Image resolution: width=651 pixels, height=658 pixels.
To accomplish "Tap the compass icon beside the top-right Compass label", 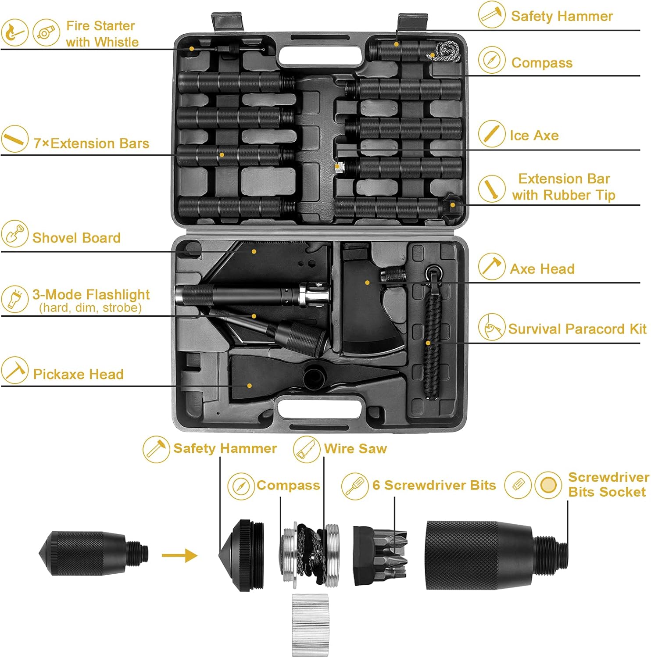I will (x=492, y=60).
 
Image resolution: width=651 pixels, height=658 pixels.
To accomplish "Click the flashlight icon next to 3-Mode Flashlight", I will (x=14, y=299).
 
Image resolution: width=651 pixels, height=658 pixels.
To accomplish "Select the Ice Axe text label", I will (x=534, y=136).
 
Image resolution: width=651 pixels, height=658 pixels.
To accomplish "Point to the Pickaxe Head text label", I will (x=78, y=374).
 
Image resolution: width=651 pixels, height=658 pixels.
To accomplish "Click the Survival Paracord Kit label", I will (x=577, y=329).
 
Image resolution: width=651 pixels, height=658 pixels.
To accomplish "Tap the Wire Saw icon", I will (x=307, y=449).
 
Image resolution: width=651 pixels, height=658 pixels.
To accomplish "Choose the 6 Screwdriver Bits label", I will (x=434, y=485).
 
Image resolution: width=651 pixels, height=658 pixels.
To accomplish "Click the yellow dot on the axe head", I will (x=367, y=283).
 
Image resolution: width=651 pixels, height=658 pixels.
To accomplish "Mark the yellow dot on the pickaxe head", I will (x=249, y=386).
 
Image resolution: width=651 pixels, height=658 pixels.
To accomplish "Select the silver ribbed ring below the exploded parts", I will (x=310, y=625).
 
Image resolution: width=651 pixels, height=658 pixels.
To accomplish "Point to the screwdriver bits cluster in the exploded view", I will (x=381, y=555).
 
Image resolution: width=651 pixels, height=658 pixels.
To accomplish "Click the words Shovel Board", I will (x=76, y=238).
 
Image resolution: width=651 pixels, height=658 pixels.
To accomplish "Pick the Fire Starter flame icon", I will (x=14, y=32).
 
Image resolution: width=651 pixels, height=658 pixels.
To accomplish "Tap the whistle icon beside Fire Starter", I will (x=46, y=32).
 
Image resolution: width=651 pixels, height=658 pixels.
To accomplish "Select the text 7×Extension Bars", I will (x=91, y=143).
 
